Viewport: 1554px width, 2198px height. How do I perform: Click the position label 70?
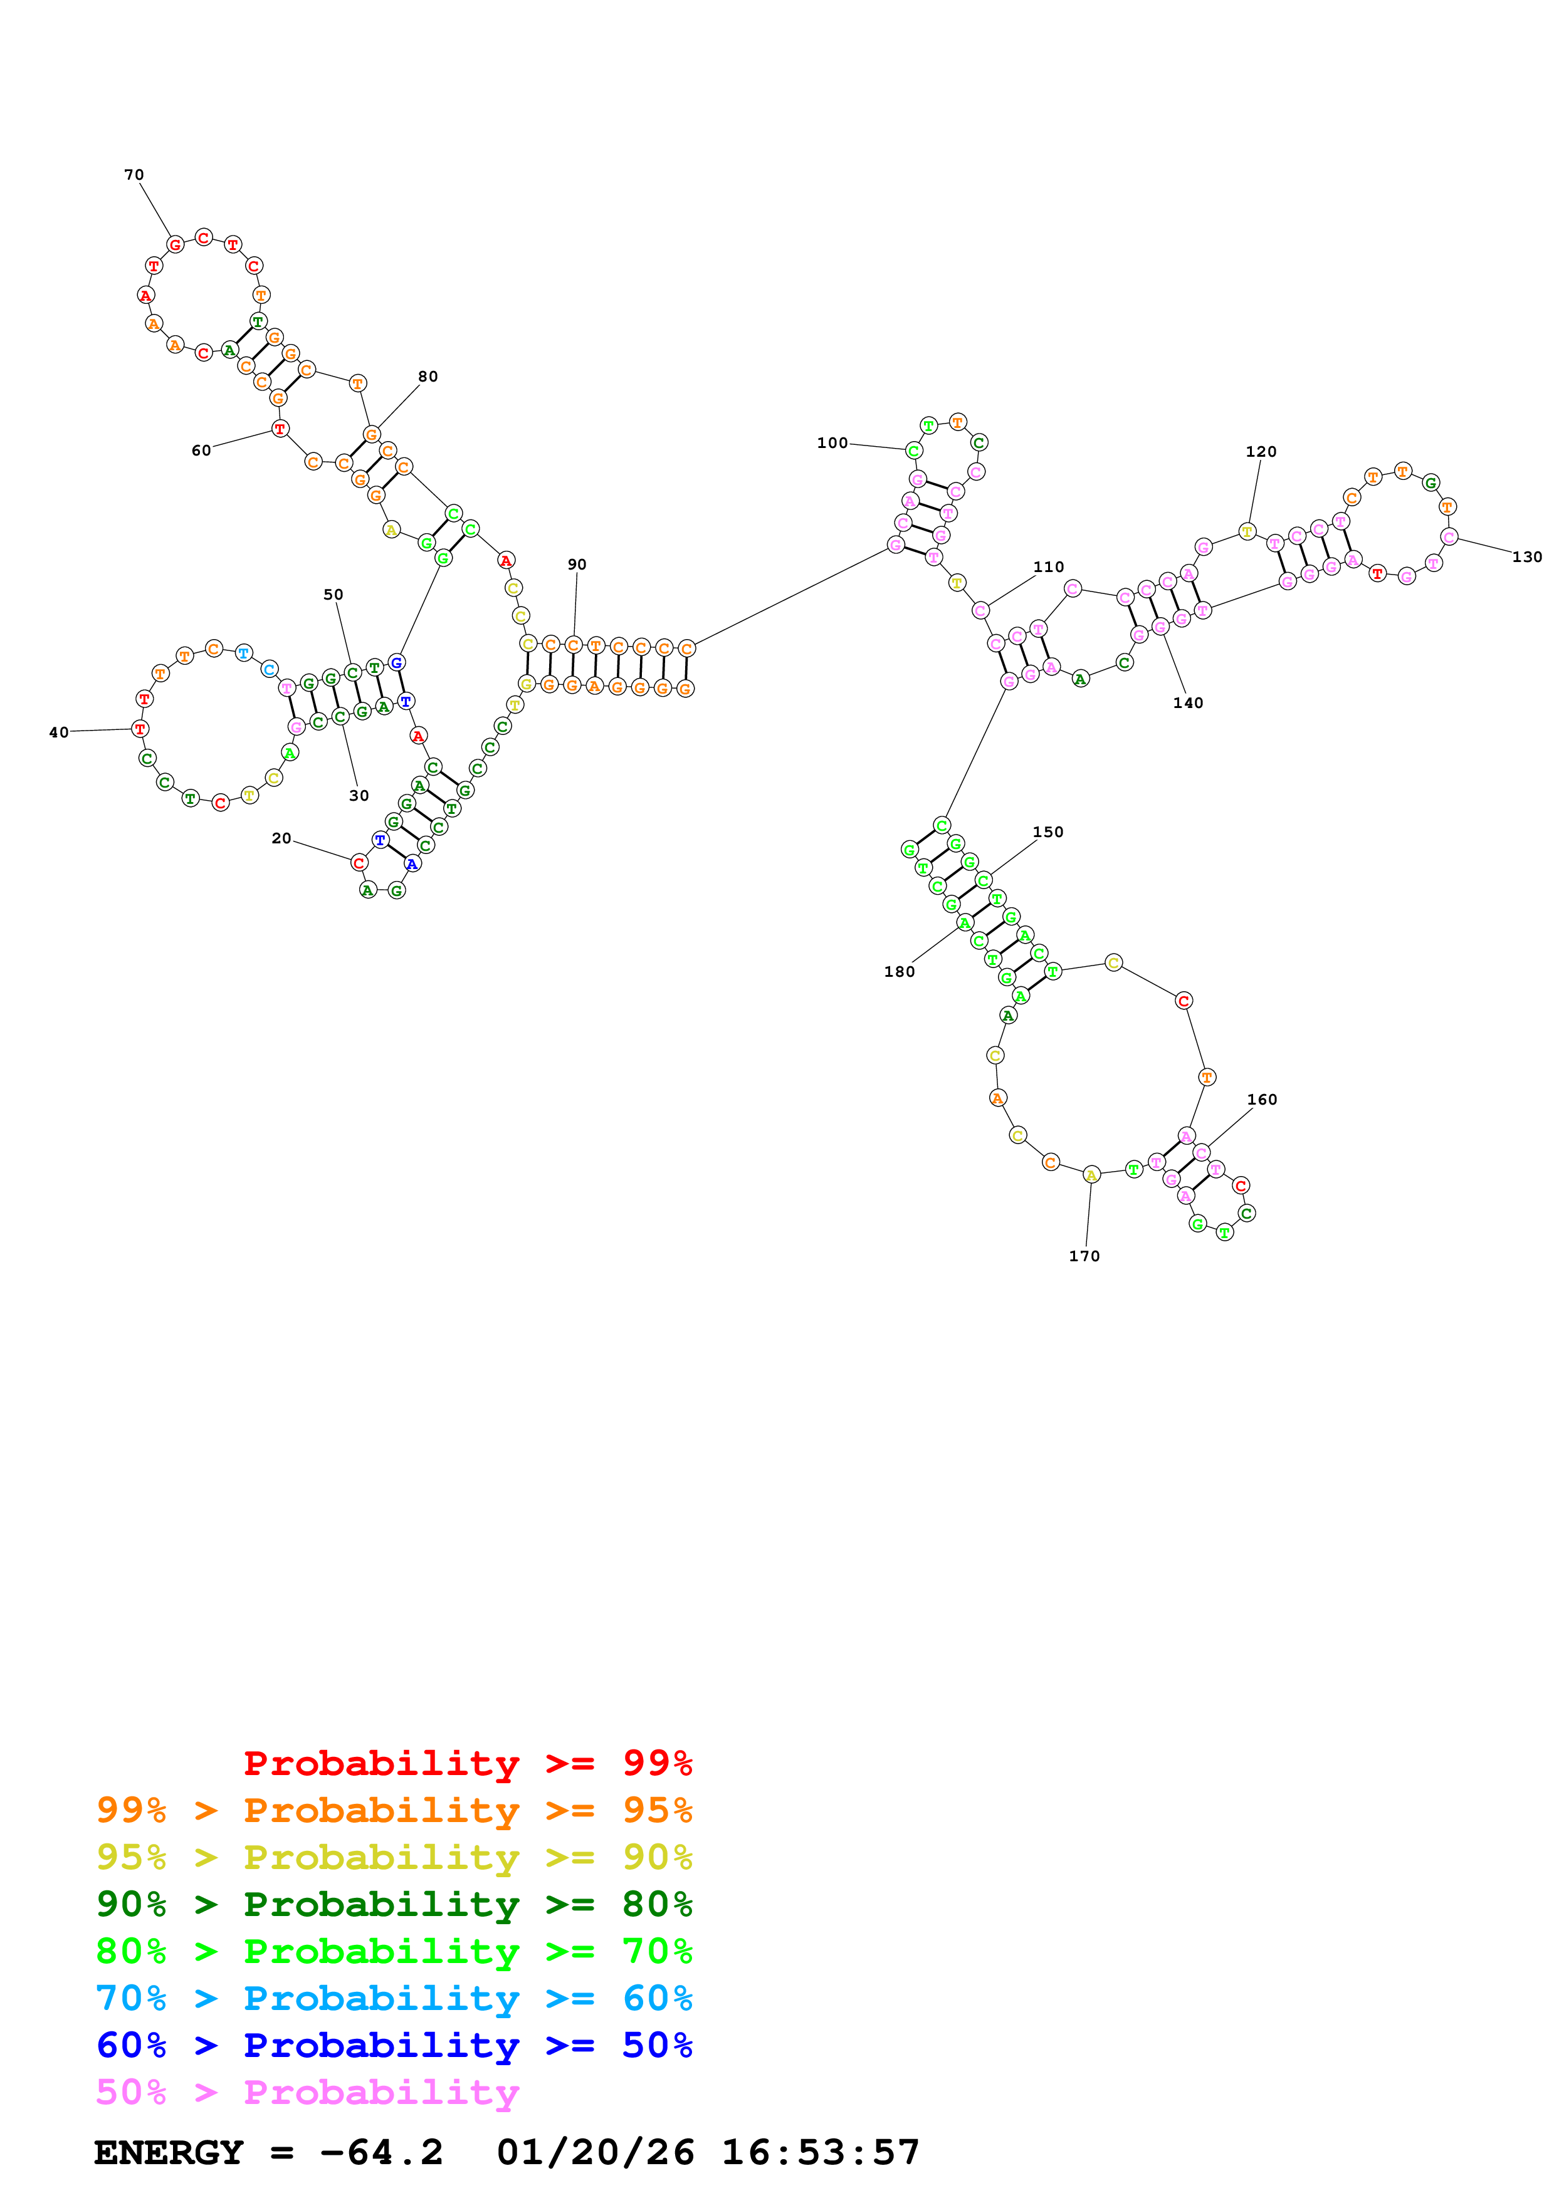134,175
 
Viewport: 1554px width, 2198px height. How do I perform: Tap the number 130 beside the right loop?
1526,557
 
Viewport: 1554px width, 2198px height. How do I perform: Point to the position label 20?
281,838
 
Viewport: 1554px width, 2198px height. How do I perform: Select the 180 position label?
899,972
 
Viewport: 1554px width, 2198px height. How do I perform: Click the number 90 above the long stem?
577,565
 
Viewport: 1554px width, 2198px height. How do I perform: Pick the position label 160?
1262,1100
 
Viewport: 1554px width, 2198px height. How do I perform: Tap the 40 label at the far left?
58,732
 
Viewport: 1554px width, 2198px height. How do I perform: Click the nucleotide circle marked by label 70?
176,245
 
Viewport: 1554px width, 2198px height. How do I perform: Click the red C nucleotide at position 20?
359,863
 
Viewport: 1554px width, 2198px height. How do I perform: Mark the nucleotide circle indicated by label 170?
1091,1175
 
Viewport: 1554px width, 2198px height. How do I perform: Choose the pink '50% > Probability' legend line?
307,2093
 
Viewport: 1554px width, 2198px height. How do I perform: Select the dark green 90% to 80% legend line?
394,1905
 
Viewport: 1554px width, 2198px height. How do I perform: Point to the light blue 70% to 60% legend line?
394,1999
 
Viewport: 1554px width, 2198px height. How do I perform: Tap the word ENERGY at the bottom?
169,2153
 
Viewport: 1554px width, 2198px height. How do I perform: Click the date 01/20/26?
595,2153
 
